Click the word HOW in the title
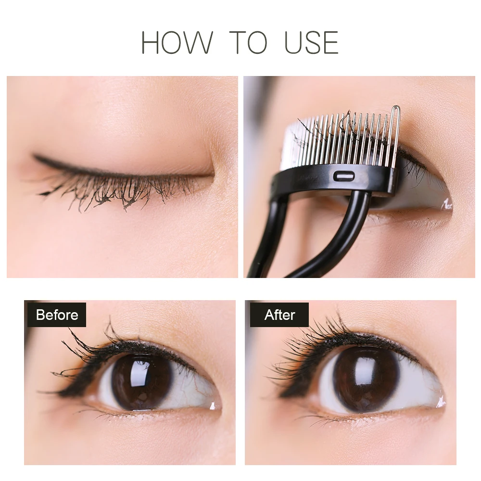[177, 43]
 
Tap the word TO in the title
[248, 43]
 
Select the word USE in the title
[311, 43]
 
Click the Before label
[57, 315]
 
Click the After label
[279, 315]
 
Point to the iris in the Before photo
[142, 381]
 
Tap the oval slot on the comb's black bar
[344, 176]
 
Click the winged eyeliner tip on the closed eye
[34, 156]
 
